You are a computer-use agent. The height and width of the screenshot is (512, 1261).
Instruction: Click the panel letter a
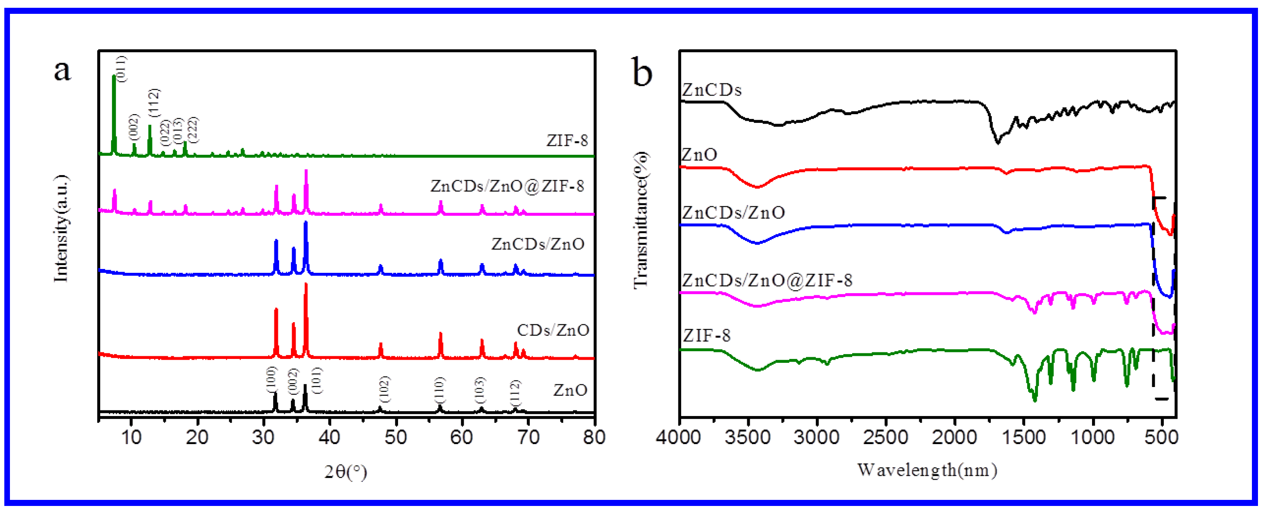62,70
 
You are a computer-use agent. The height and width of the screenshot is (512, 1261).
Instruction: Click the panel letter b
642,73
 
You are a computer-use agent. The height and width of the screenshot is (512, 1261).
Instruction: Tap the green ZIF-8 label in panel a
567,141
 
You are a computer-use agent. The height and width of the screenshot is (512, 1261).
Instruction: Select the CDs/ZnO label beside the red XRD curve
553,330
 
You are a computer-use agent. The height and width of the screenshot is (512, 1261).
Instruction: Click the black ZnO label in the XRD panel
570,390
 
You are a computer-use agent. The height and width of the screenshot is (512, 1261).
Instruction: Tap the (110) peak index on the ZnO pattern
439,390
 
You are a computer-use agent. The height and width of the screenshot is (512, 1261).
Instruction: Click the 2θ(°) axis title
346,471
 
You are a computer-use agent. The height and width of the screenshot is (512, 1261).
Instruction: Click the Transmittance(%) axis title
640,221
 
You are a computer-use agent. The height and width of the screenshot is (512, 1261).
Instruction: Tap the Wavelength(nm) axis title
927,470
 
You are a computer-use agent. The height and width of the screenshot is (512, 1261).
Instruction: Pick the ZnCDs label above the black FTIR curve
712,90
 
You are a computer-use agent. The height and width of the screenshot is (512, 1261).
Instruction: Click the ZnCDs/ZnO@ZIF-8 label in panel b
767,280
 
